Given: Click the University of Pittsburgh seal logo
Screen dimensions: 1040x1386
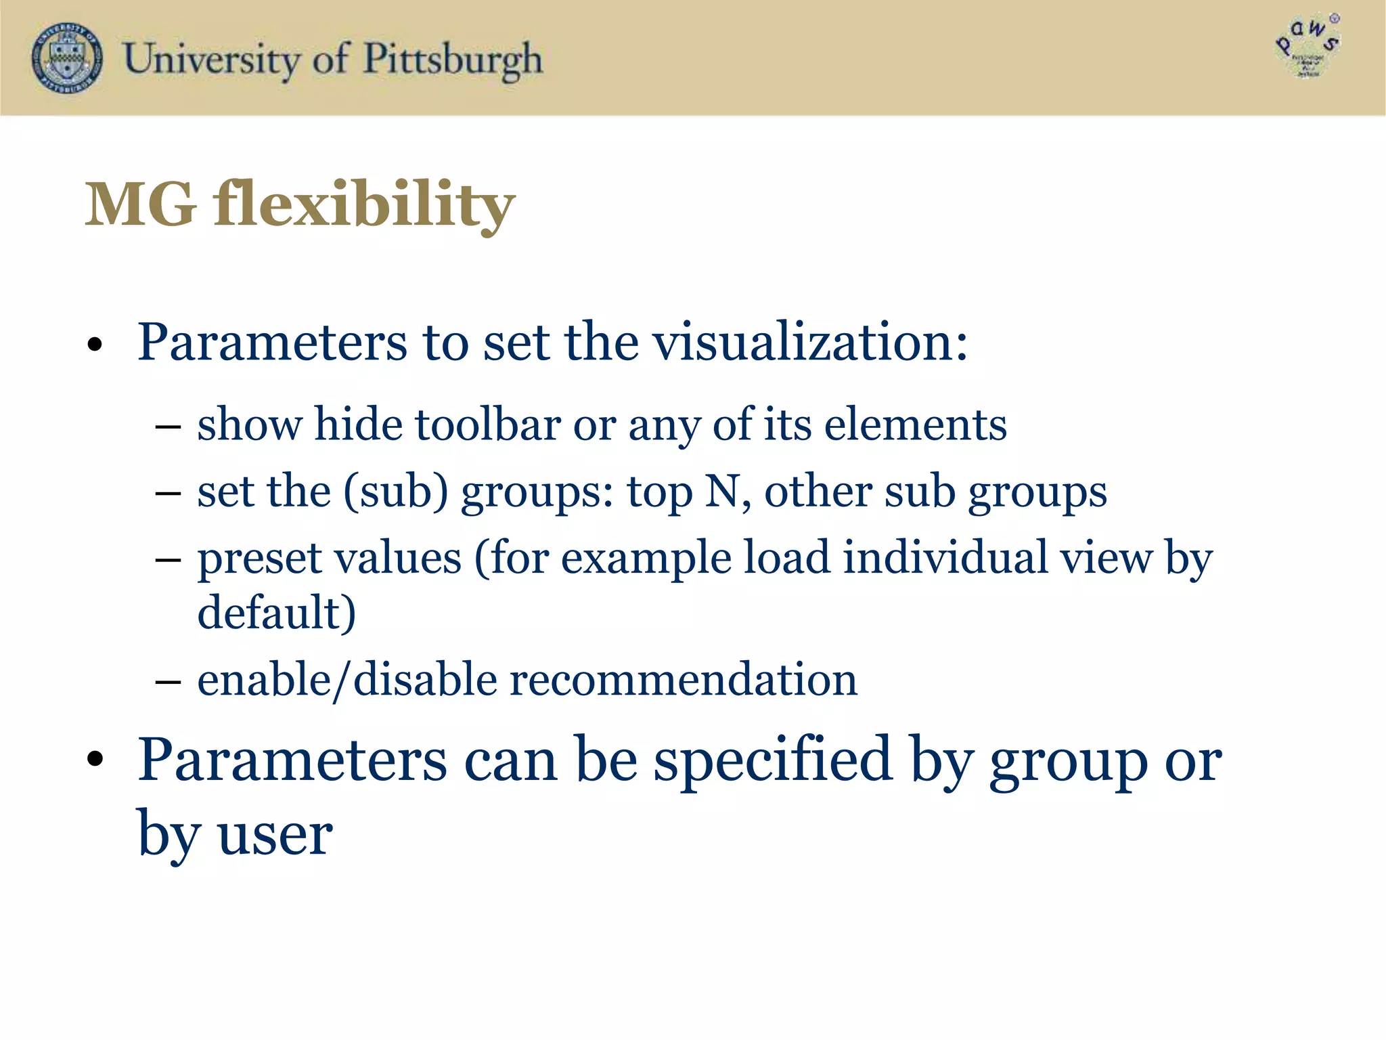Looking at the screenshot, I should pyautogui.click(x=68, y=58).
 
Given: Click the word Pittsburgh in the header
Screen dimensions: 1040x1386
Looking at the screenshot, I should pyautogui.click(x=453, y=60).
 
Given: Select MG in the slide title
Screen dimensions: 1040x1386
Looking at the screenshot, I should pyautogui.click(x=141, y=204).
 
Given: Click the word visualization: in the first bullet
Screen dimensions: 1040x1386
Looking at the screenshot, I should pyautogui.click(x=810, y=342).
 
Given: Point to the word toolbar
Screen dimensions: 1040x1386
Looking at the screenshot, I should pyautogui.click(x=487, y=425).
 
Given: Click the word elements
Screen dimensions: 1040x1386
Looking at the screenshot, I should pyautogui.click(x=915, y=425).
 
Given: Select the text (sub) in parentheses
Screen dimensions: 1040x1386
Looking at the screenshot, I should pyautogui.click(x=396, y=492).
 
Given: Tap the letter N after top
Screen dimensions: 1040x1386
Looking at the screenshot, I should pyautogui.click(x=721, y=492).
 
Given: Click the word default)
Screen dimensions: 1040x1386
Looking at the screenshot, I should pyautogui.click(x=276, y=613).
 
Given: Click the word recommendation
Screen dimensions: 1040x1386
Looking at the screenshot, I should pyautogui.click(x=683, y=680).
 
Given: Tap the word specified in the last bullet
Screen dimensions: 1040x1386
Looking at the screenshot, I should pyautogui.click(x=772, y=761).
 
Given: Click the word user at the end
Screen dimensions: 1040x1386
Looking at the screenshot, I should pyautogui.click(x=275, y=835).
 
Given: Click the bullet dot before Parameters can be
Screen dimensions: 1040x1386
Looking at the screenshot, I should pyautogui.click(x=95, y=760).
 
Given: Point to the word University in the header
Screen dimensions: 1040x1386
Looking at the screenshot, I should pyautogui.click(x=211, y=60).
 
